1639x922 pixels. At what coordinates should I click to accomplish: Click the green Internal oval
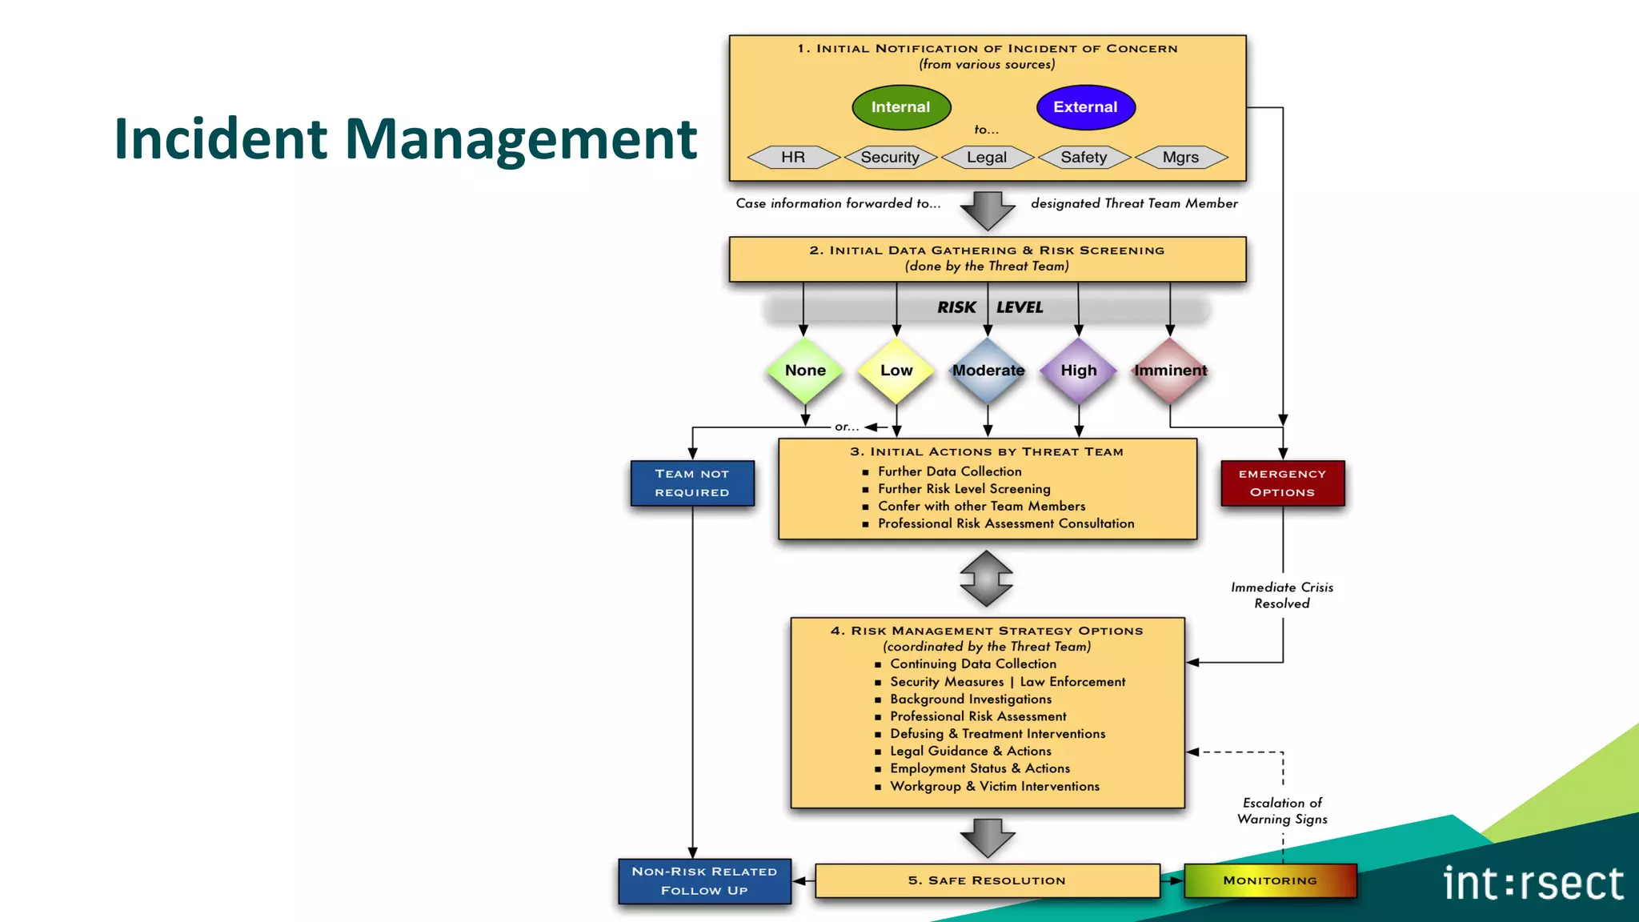coord(901,107)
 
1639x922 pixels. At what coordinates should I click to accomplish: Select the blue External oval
coord(1085,107)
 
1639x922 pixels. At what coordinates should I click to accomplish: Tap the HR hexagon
coord(793,158)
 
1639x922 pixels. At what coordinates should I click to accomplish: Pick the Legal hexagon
coord(987,158)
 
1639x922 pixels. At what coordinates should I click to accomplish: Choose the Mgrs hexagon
coord(1181,158)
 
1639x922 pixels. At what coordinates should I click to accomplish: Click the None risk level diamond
coord(805,371)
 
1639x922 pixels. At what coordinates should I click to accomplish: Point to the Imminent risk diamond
coord(1170,371)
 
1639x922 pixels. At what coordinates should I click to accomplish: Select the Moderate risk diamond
coord(988,371)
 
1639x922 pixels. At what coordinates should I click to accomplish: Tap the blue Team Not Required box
coord(692,483)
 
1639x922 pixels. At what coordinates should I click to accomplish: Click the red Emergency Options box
coord(1282,483)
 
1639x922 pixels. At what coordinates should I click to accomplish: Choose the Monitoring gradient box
coord(1270,880)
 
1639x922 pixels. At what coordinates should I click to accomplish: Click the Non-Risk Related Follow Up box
coord(704,881)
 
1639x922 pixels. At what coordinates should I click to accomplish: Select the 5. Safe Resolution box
coord(987,880)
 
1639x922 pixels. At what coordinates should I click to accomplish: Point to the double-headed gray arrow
coord(987,578)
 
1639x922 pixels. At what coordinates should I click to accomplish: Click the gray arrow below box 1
coord(988,210)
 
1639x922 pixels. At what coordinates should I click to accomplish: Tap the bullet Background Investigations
coord(971,700)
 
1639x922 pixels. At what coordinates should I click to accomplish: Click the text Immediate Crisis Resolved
coord(1282,595)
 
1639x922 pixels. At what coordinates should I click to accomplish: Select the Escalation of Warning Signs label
coord(1282,811)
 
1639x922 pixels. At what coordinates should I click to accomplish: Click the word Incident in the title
coord(221,139)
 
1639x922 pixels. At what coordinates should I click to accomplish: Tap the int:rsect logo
coord(1533,884)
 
